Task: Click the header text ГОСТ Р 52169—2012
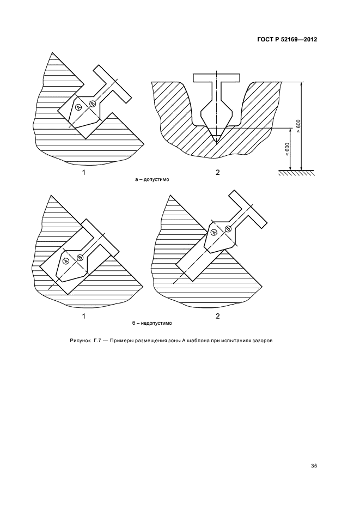(x=287, y=39)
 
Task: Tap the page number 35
(x=314, y=466)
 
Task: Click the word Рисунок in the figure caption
(x=80, y=341)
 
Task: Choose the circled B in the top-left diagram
(x=93, y=104)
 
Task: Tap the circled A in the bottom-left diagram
(x=66, y=261)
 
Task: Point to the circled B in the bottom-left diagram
(x=80, y=258)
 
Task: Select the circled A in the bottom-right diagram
(x=214, y=232)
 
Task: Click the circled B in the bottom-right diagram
(x=228, y=229)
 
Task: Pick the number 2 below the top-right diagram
(x=217, y=172)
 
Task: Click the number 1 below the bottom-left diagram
(x=83, y=316)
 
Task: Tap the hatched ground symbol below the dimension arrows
(x=296, y=172)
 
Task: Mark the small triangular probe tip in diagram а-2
(x=217, y=138)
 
